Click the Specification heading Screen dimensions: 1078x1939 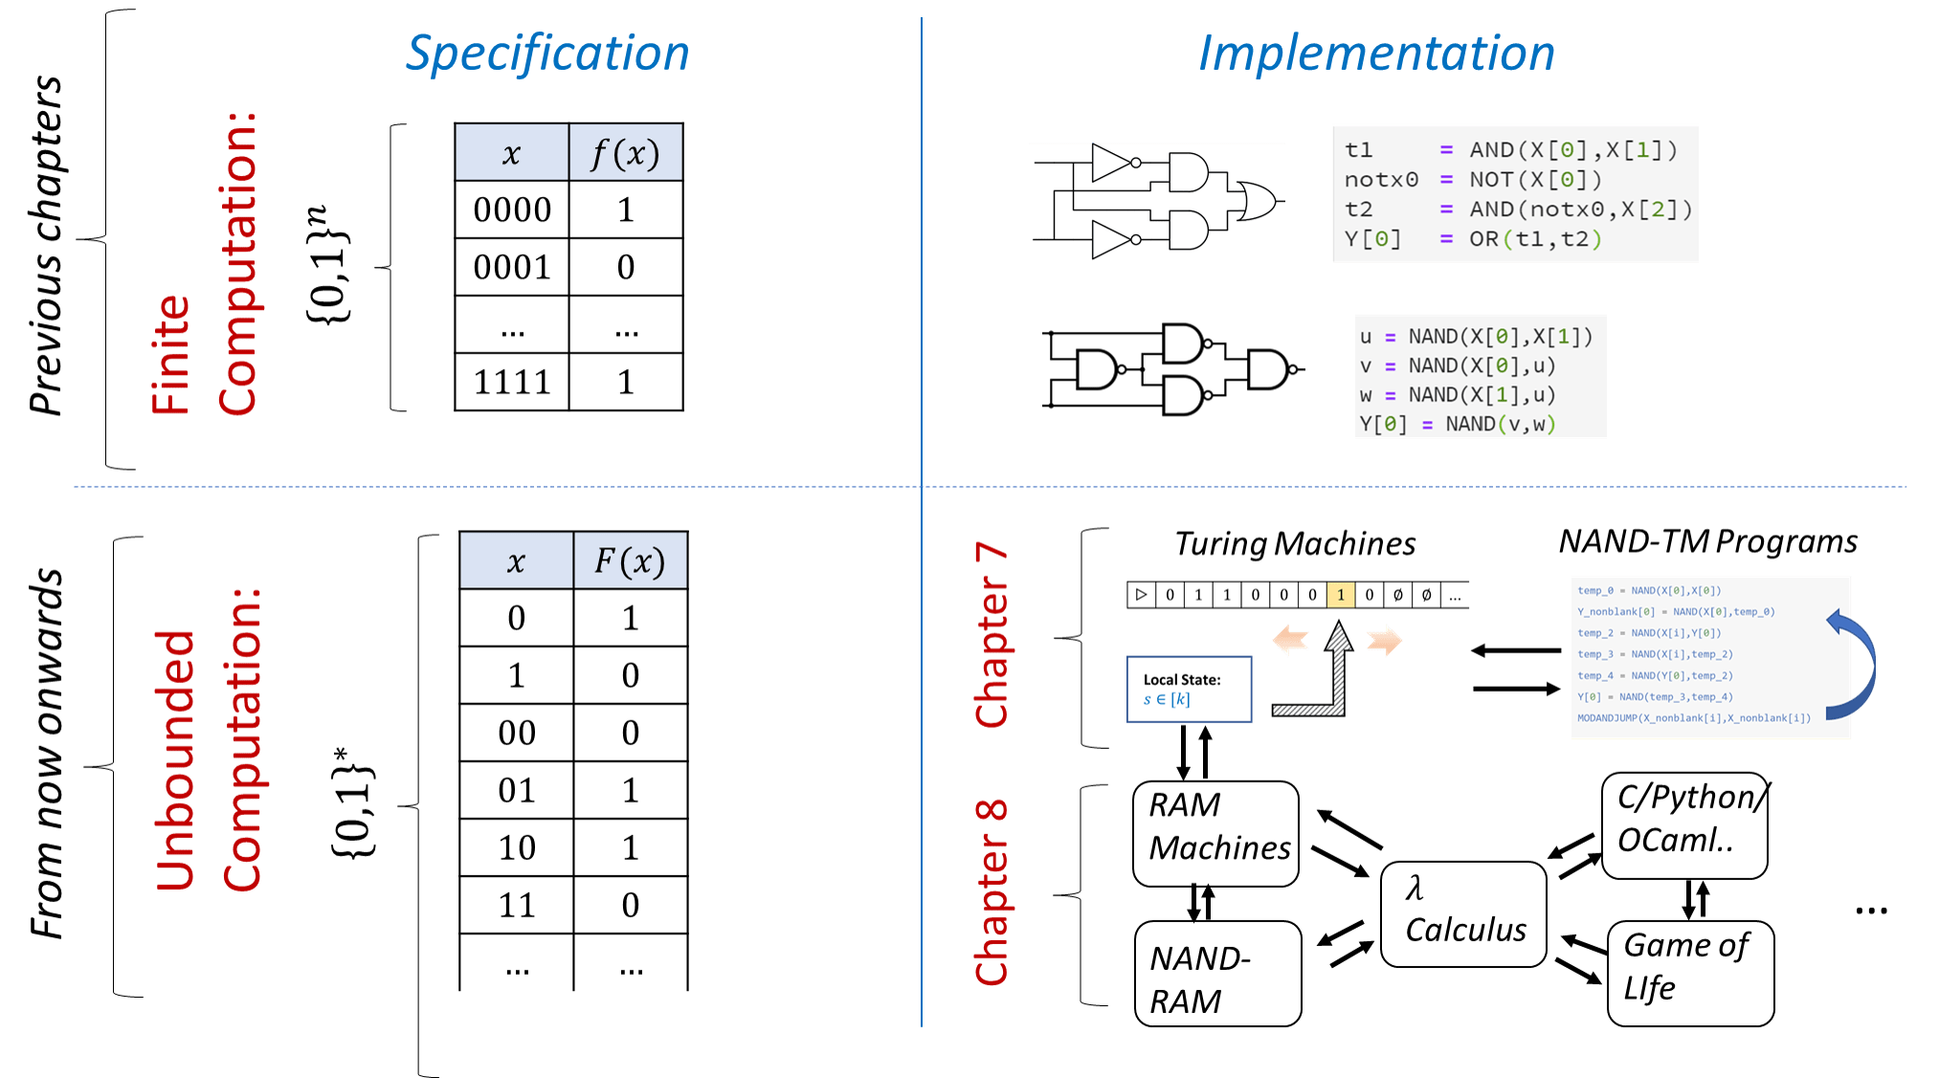pos(547,54)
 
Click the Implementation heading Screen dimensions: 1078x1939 pos(1376,54)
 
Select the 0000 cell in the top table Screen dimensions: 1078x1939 pos(512,210)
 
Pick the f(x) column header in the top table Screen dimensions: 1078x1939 pos(626,153)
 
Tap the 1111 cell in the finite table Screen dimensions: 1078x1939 pos(512,383)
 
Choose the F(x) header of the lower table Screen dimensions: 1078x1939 pos(630,561)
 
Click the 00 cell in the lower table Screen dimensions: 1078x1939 pos(517,734)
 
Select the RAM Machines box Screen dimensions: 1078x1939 pos(1215,832)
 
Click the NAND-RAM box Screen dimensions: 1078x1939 pos(1217,974)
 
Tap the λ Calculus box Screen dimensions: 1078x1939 pos(1463,913)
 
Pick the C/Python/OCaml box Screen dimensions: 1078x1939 pos(1684,825)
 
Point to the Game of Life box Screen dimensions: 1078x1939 pos(1690,972)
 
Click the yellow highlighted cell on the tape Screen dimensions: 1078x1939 pos(1341,595)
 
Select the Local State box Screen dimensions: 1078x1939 pos(1190,689)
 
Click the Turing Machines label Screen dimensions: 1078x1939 pos(1295,544)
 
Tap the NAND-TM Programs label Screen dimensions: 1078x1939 pos(1708,542)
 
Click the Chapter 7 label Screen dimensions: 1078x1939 pos(992,636)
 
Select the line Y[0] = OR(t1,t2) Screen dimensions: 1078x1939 pos(1474,239)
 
